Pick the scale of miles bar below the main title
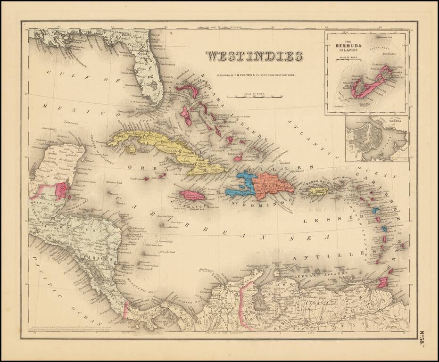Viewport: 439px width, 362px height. click(254, 97)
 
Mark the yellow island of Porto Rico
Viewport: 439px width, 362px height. click(319, 191)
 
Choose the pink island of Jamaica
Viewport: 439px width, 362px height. click(192, 195)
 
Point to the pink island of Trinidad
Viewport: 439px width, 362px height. click(382, 282)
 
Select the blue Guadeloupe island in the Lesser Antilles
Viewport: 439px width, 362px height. click(376, 211)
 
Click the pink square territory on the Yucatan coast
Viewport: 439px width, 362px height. click(61, 190)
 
